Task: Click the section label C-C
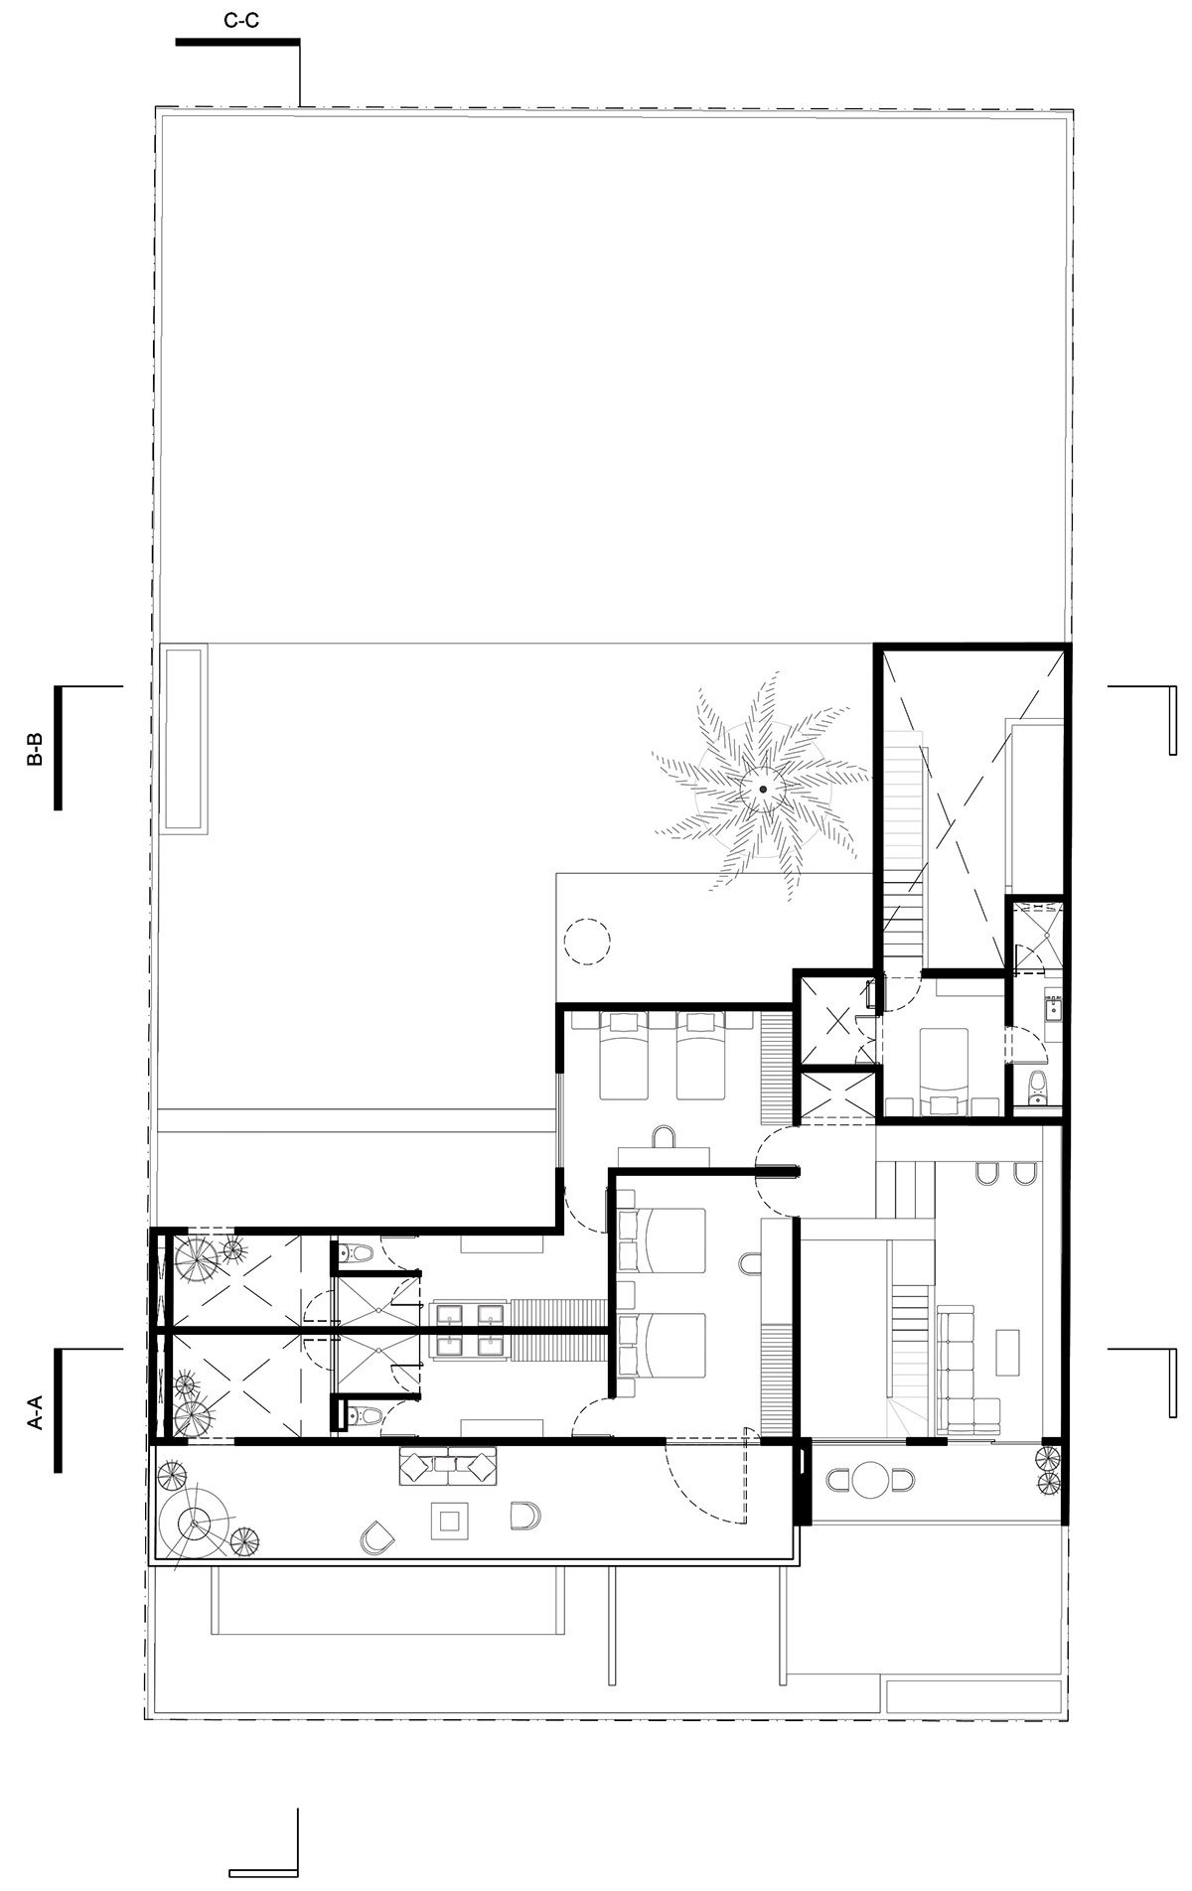[241, 21]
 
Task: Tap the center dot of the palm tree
[762, 789]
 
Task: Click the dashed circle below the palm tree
[586, 939]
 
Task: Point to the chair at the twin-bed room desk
[664, 1135]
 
